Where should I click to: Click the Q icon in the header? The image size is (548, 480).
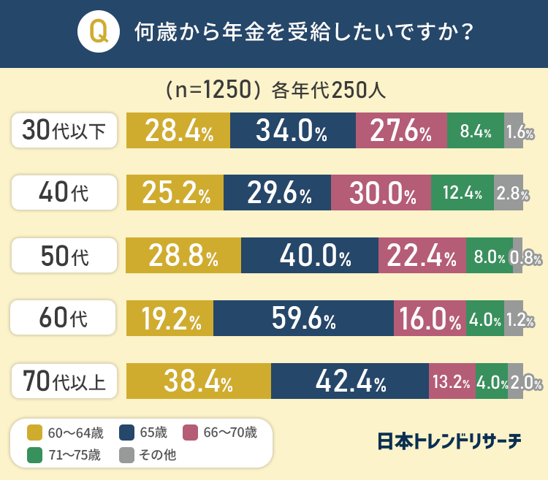point(98,33)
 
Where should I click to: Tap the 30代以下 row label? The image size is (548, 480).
point(64,130)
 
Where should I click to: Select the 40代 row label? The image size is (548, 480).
point(64,193)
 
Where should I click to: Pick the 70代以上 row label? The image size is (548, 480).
point(64,381)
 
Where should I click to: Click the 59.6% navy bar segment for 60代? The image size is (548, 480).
point(303,319)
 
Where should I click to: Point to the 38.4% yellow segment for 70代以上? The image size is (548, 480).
point(199,381)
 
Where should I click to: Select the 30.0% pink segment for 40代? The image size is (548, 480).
point(381,193)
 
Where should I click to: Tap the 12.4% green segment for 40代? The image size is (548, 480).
point(462,193)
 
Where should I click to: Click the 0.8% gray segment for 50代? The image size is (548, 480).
point(518,256)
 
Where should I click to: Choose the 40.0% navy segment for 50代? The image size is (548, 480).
point(309,256)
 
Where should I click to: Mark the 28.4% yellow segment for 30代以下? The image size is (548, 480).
point(178,130)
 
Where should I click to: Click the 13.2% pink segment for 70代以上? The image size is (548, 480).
point(452,381)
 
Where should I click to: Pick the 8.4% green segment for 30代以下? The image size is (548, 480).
point(475,130)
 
